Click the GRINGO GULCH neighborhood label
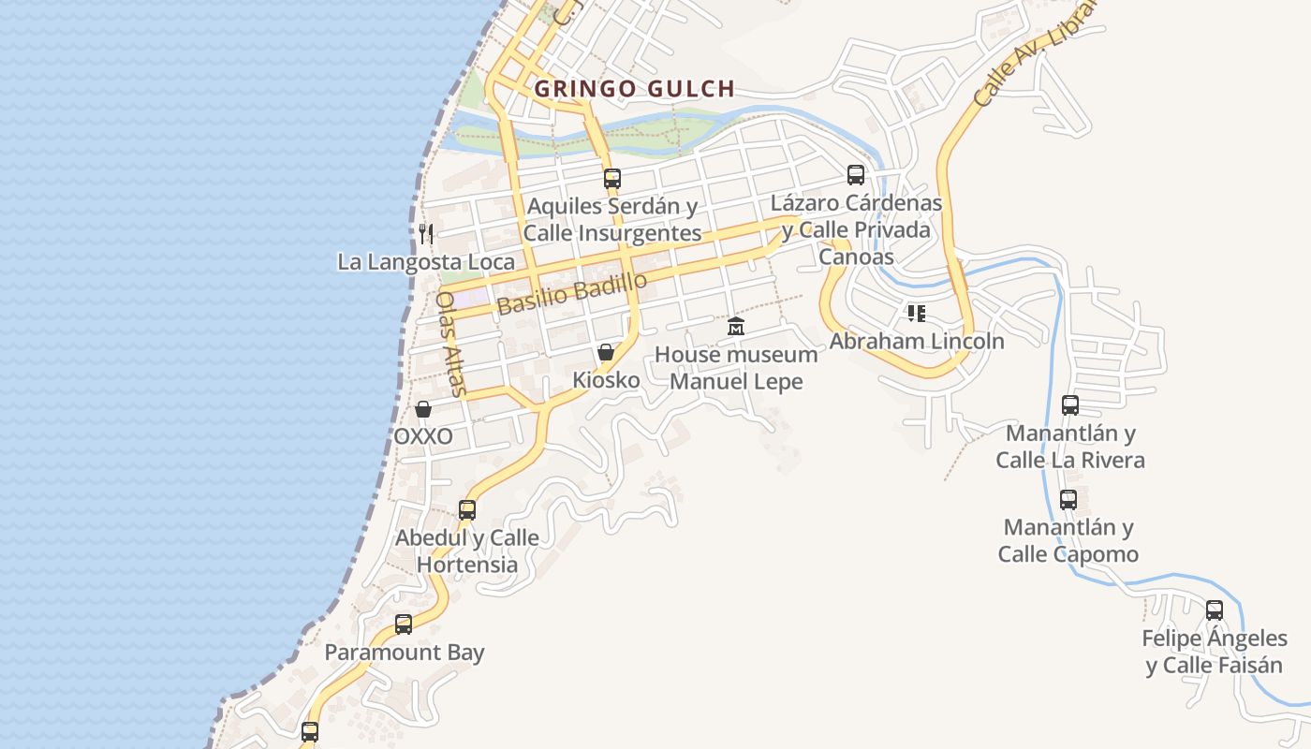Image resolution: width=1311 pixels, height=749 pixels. click(x=634, y=89)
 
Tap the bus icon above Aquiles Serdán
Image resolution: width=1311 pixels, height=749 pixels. click(x=612, y=178)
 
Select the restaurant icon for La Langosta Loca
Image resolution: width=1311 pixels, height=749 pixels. click(x=426, y=233)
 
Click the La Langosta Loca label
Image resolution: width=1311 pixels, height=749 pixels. click(x=426, y=262)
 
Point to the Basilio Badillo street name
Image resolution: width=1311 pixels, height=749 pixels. click(x=571, y=294)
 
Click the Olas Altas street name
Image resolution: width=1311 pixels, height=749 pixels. click(x=450, y=344)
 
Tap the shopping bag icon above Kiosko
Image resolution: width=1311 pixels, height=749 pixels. click(x=606, y=353)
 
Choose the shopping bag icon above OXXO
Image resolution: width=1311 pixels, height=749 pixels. click(x=423, y=409)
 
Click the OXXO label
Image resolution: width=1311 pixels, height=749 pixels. click(x=423, y=436)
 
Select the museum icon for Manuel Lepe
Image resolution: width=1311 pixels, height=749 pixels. click(x=736, y=327)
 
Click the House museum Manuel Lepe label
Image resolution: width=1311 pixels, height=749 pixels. click(x=736, y=368)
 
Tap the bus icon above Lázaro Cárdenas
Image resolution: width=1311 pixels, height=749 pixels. click(x=856, y=175)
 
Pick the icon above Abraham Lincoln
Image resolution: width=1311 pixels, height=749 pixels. click(x=916, y=313)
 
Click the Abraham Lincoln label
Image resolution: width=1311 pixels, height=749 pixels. click(x=917, y=341)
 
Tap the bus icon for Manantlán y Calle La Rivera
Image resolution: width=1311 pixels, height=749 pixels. click(x=1069, y=405)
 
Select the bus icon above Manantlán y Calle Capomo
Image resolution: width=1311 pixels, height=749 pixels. click(x=1068, y=500)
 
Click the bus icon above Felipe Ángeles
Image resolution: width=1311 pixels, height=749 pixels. click(x=1215, y=610)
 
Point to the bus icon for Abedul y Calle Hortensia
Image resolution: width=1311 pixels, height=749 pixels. click(x=467, y=510)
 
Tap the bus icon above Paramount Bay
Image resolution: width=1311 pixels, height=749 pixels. click(x=404, y=624)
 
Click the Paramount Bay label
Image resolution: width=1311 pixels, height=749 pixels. click(x=405, y=652)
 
